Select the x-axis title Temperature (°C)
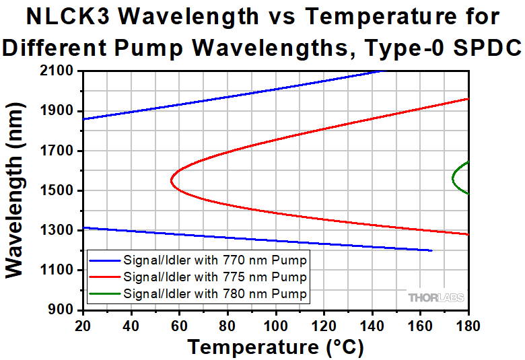[x=275, y=347]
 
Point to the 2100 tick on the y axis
[x=59, y=71]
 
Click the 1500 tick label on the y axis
[x=59, y=190]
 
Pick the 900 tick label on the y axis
[x=65, y=310]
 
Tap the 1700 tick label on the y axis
[x=59, y=151]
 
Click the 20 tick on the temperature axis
[x=83, y=325]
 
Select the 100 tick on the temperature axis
[x=275, y=325]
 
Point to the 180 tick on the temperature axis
[x=468, y=325]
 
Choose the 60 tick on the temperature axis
[x=179, y=325]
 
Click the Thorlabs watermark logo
[x=435, y=297]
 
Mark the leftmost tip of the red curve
[x=172, y=180]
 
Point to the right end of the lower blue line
[x=431, y=250]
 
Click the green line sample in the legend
[x=104, y=293]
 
